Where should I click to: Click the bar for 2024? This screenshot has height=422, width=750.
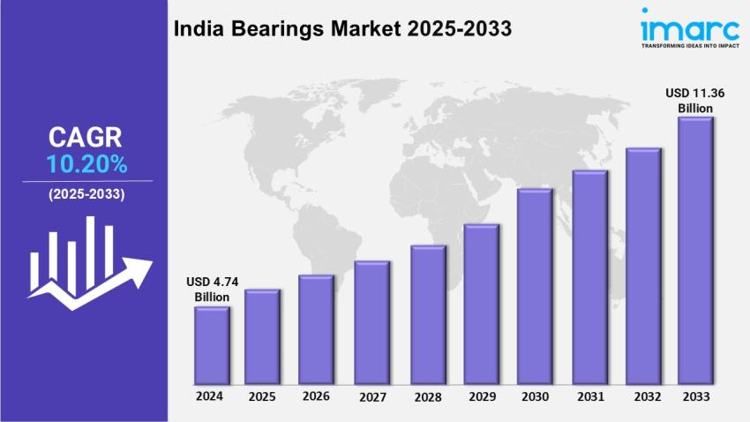[212, 345]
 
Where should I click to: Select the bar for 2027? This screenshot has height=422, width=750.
[371, 322]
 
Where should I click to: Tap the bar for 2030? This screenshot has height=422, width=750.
[534, 286]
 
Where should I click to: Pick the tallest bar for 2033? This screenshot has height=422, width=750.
[694, 251]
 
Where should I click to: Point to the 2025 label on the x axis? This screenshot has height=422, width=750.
[262, 396]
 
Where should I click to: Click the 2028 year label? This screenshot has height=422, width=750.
[426, 396]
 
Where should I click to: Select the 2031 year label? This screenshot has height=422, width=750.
[589, 396]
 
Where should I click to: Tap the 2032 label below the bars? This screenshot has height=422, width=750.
[643, 396]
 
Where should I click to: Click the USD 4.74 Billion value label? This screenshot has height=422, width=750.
[212, 289]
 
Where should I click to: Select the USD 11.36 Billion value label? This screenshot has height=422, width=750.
[694, 100]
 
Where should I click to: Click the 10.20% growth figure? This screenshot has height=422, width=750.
[86, 163]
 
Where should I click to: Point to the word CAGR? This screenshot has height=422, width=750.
[86, 138]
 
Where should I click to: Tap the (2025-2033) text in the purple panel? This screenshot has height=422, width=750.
[86, 193]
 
